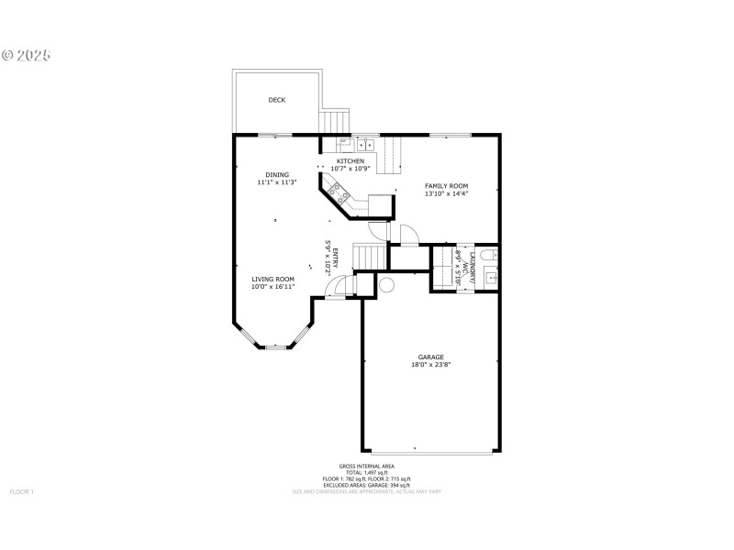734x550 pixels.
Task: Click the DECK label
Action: (276, 100)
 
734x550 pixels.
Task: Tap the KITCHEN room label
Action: (350, 161)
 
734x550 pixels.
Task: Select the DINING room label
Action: (277, 174)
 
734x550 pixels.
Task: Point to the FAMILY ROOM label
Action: (446, 186)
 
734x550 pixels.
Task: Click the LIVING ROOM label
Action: (273, 279)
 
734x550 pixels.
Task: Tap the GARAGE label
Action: (430, 357)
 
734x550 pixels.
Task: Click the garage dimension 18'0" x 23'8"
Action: (430, 365)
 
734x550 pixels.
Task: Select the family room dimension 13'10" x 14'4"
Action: (446, 194)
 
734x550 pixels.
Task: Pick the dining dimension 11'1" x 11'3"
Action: (277, 182)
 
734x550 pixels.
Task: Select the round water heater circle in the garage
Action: (386, 285)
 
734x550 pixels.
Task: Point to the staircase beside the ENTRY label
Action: (367, 258)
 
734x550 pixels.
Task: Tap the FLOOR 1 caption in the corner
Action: (21, 492)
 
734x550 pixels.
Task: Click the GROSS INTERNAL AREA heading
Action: (366, 467)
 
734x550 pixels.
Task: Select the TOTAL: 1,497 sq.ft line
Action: (366, 473)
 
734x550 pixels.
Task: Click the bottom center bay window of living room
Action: (275, 347)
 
